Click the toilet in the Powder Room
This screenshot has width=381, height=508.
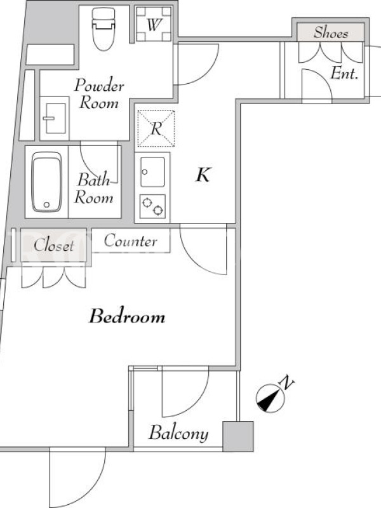[x=104, y=29]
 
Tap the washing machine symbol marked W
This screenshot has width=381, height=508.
[x=153, y=24]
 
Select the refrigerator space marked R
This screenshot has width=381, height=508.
[x=156, y=128]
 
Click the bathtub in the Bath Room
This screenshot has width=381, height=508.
[x=47, y=182]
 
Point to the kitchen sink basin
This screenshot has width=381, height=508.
[x=152, y=171]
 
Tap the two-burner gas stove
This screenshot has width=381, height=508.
[x=152, y=206]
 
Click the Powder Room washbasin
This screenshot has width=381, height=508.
[x=55, y=118]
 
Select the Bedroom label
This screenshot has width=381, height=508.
[x=127, y=316]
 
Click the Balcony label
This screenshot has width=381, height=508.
[x=178, y=433]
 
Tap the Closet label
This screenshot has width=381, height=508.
[x=54, y=245]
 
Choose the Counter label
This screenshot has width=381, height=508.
[x=131, y=241]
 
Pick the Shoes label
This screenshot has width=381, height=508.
[x=331, y=33]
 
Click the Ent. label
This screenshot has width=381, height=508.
[x=344, y=74]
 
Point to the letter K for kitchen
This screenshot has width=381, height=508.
[x=203, y=175]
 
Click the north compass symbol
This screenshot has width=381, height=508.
[x=271, y=398]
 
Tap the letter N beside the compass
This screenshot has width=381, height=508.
[x=286, y=383]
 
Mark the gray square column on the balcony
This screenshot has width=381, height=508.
[x=237, y=436]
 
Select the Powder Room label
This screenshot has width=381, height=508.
[x=99, y=94]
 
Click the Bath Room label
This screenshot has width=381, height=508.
[x=93, y=189]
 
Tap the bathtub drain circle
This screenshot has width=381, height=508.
[x=46, y=204]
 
